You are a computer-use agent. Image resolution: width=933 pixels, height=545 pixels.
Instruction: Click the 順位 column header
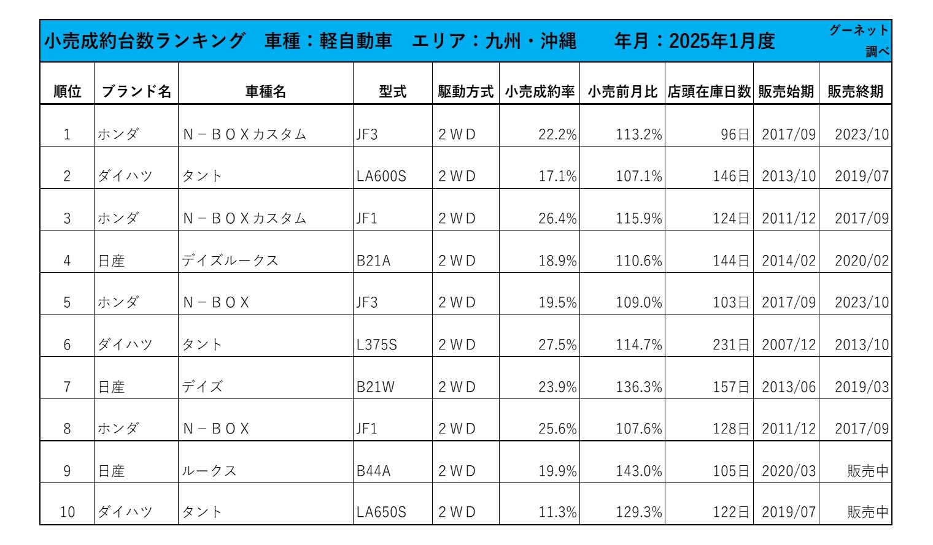point(67,91)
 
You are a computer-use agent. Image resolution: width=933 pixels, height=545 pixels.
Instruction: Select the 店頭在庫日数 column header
point(709,91)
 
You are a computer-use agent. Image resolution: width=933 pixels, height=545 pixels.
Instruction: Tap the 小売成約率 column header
point(540,91)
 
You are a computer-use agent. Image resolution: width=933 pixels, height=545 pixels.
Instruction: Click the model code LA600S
point(381,177)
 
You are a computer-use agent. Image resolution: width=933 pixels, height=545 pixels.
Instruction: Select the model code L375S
point(377,345)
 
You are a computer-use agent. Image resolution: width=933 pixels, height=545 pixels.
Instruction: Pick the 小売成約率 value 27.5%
point(557,345)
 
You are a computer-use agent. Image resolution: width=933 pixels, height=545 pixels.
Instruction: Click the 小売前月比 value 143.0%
point(639,471)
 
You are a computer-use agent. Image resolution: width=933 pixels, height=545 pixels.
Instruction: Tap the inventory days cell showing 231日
point(730,345)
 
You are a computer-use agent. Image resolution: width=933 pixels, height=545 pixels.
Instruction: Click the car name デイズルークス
point(230,261)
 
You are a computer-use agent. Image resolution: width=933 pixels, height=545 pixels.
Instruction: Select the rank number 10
point(67,512)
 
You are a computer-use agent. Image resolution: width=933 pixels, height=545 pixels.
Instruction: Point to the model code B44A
point(373,471)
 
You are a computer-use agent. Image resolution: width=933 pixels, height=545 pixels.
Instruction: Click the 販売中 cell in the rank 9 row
point(867,471)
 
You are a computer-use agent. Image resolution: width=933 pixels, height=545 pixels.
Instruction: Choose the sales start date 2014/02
point(789,261)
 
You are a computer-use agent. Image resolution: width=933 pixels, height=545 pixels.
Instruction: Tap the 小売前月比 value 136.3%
point(639,387)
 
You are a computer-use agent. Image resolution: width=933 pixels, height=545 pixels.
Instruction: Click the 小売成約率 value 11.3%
point(557,512)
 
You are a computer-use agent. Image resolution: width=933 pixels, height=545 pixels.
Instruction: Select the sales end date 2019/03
point(861,387)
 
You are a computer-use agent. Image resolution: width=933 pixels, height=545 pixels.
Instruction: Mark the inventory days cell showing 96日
point(735,135)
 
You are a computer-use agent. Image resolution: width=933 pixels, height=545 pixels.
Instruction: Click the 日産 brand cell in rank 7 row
point(112,387)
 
